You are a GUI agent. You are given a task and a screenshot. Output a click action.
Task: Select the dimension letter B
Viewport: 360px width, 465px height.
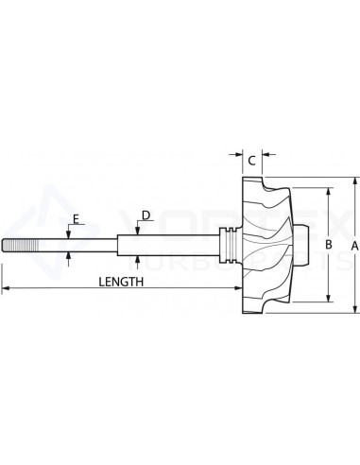click(328, 245)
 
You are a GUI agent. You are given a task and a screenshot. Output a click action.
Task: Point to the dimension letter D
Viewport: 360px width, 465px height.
click(145, 215)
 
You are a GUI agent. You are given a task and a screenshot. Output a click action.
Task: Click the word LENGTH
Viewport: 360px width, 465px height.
click(121, 281)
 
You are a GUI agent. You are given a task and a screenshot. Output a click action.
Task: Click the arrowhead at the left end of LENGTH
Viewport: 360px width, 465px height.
click(5, 287)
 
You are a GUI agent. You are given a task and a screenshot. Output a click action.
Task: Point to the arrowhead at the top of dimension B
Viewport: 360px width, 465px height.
click(328, 190)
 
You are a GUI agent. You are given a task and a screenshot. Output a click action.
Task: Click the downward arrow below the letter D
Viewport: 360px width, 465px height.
click(138, 228)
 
